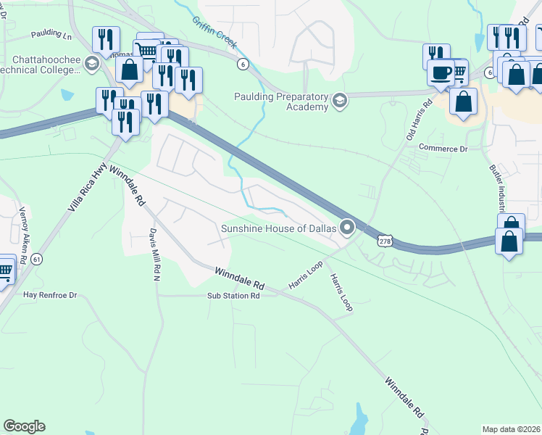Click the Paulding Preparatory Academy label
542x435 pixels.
281,102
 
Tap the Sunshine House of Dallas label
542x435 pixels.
279,229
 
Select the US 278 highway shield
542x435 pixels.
385,240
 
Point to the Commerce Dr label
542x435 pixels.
443,149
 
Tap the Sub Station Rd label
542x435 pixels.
233,296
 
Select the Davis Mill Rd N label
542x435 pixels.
154,254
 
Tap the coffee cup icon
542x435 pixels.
441,72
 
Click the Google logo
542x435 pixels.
24,426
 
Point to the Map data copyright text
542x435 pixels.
512,429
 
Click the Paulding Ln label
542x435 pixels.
51,35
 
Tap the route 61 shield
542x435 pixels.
36,259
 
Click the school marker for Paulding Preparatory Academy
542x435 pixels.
339,99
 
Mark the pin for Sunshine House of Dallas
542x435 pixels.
347,228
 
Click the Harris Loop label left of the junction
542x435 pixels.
305,273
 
